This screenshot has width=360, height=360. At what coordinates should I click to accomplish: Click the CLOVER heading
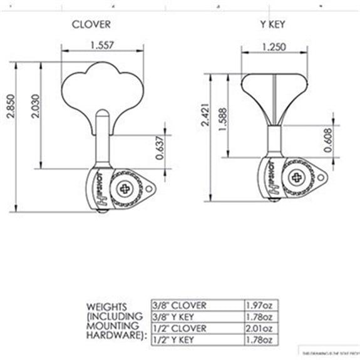pyautogui.click(x=91, y=24)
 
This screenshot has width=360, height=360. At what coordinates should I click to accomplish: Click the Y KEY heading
pyautogui.click(x=273, y=24)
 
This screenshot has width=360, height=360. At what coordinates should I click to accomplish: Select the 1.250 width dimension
pyautogui.click(x=275, y=45)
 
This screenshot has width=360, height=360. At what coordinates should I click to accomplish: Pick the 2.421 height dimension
pyautogui.click(x=198, y=125)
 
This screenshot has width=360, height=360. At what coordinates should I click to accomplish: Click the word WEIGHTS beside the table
pyautogui.click(x=107, y=307)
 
